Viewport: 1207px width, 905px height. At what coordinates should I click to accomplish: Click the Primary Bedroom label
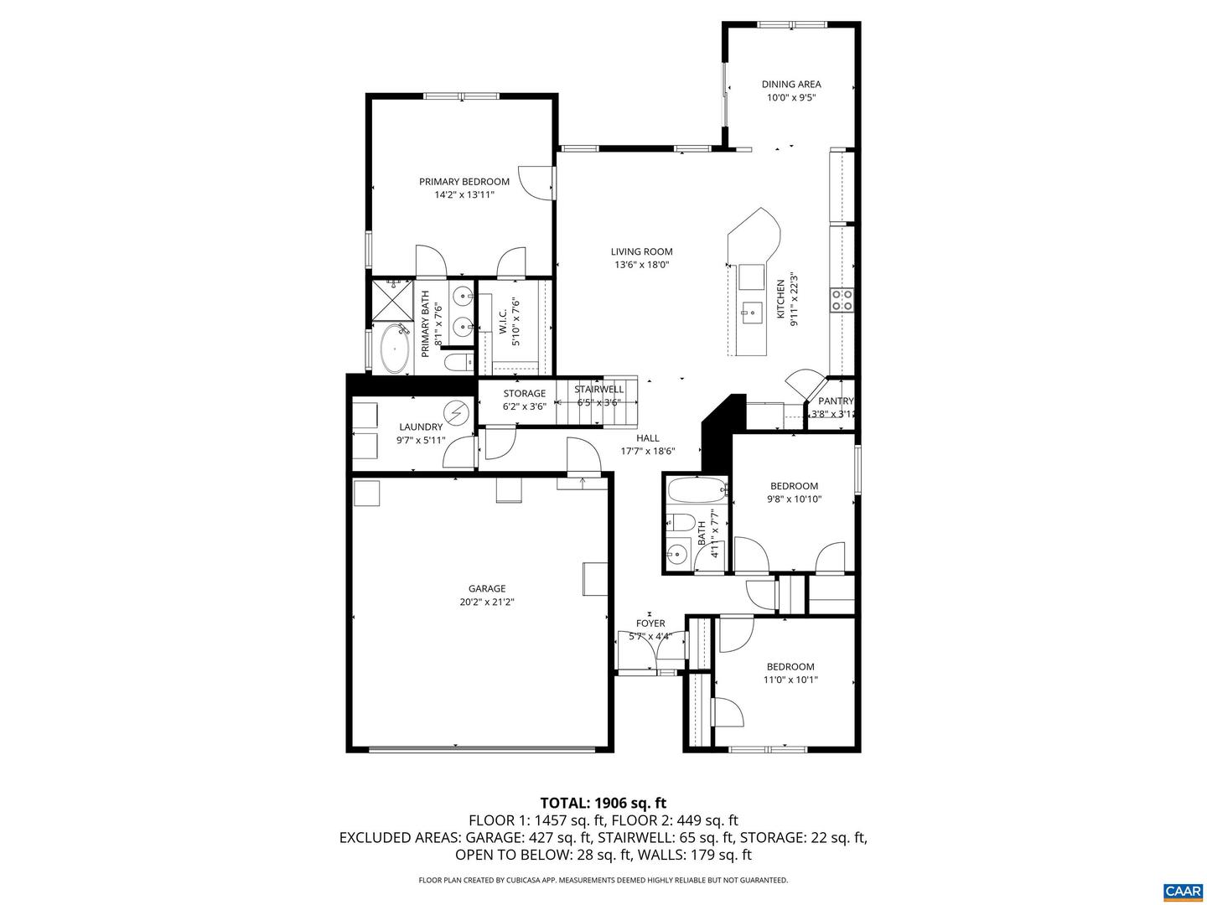(x=464, y=182)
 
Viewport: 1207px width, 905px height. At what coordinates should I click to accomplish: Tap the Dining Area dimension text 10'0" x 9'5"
(x=791, y=97)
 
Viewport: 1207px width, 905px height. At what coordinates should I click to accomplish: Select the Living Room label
(x=641, y=251)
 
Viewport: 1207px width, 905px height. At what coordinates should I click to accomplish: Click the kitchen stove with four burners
(x=842, y=300)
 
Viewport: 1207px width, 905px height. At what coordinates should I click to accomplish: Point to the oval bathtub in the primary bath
(x=392, y=349)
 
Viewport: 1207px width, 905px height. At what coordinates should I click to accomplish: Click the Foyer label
(x=650, y=623)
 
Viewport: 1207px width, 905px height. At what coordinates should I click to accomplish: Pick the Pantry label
(x=835, y=401)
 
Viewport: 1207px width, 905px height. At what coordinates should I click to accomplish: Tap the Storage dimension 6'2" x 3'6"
(x=524, y=406)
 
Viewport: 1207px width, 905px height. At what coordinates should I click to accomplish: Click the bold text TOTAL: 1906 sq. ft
(x=603, y=803)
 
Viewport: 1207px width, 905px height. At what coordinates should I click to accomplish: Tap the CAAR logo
(x=1182, y=891)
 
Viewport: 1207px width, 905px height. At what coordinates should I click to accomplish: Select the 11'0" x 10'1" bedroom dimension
(x=790, y=680)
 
